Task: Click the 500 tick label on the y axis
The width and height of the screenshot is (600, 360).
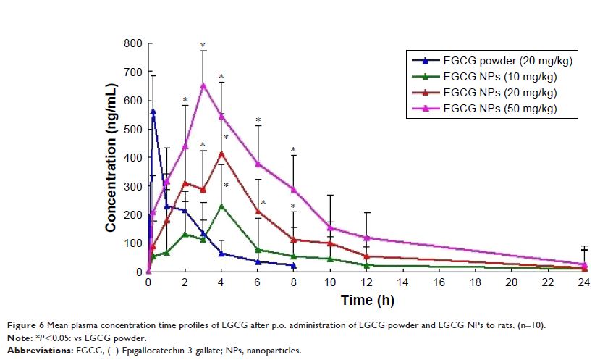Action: pyautogui.click(x=132, y=129)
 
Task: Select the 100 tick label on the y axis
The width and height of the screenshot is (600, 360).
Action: pyautogui.click(x=132, y=243)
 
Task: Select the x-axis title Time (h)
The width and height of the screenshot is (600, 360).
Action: pyautogui.click(x=366, y=300)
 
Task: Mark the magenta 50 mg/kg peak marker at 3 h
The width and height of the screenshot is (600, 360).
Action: pyautogui.click(x=203, y=85)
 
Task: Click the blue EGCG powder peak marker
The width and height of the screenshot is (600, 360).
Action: pyautogui.click(x=153, y=111)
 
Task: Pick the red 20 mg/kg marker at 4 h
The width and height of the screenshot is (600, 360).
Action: pyautogui.click(x=221, y=153)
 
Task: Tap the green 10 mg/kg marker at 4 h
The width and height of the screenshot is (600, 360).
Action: pyautogui.click(x=221, y=206)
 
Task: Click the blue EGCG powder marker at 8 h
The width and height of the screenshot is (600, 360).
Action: pyautogui.click(x=294, y=265)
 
